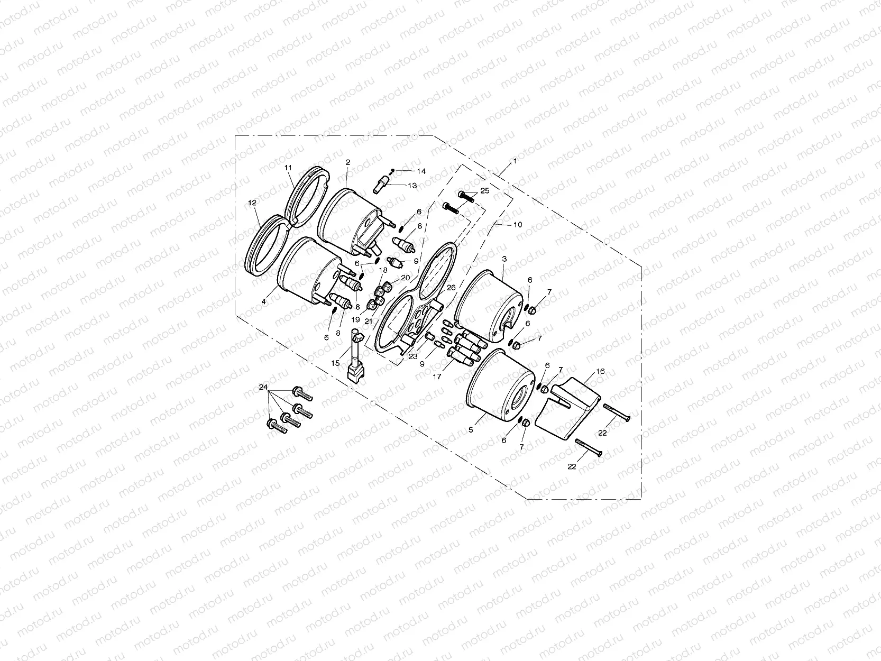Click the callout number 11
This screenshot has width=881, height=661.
[288, 168]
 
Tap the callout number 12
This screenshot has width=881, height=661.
[252, 203]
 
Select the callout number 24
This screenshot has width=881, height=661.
[263, 388]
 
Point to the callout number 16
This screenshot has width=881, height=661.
[600, 372]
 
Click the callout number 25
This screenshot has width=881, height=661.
[485, 190]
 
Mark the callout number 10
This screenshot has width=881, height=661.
[517, 225]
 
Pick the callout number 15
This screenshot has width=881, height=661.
[335, 363]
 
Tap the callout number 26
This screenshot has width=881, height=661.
[451, 288]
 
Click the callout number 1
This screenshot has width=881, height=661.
[515, 159]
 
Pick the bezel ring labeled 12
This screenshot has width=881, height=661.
[268, 246]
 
